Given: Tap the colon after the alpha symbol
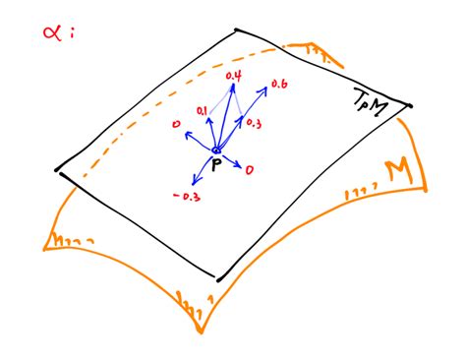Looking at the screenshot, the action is (x=72, y=32).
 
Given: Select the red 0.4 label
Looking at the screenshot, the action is (x=234, y=76).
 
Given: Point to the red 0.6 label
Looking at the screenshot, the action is (x=279, y=85).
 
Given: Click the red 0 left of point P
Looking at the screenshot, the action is (x=174, y=125).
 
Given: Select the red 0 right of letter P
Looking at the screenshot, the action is (x=250, y=170).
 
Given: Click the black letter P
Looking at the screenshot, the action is (x=214, y=165).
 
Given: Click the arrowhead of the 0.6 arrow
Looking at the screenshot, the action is (x=265, y=91).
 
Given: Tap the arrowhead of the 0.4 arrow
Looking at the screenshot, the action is (x=233, y=87).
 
